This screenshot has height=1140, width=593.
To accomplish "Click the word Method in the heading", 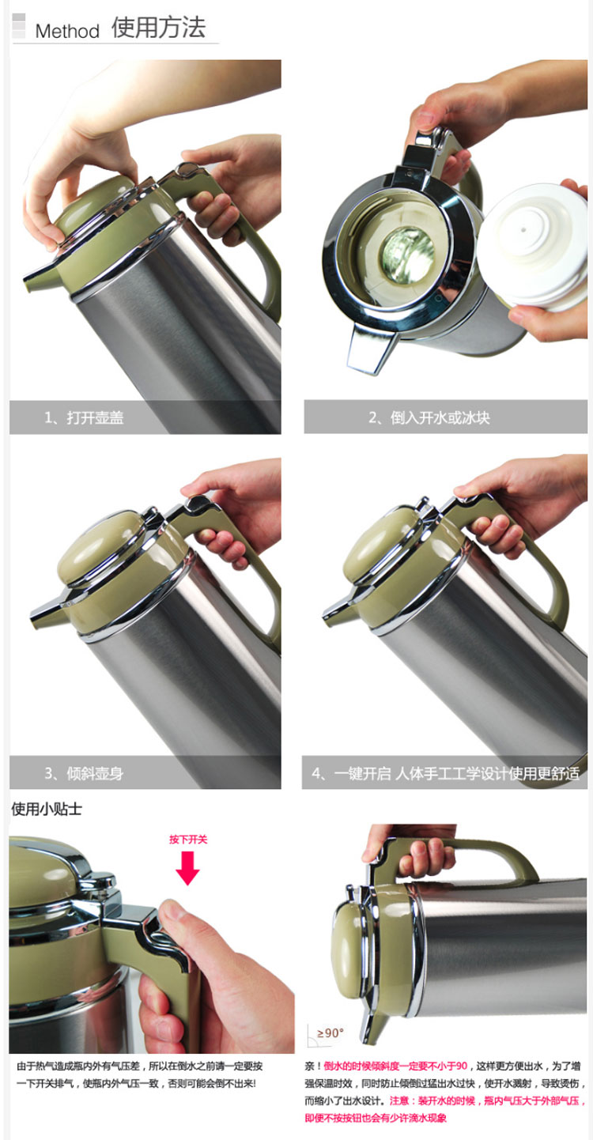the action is (67, 31).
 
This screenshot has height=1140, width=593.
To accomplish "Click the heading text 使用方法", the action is (158, 28).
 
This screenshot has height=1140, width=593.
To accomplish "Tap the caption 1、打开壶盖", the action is (84, 418).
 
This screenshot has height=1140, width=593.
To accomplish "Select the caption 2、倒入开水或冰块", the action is (429, 418).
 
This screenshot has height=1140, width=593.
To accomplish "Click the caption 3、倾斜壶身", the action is (84, 773).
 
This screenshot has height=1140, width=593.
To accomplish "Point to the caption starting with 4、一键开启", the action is (445, 773).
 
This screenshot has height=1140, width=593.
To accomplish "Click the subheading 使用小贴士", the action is (47, 810).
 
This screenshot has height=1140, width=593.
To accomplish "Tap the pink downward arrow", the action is (188, 868).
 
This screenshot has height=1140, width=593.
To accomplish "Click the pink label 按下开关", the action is (188, 840).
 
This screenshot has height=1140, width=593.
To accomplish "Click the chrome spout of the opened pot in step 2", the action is (367, 349).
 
